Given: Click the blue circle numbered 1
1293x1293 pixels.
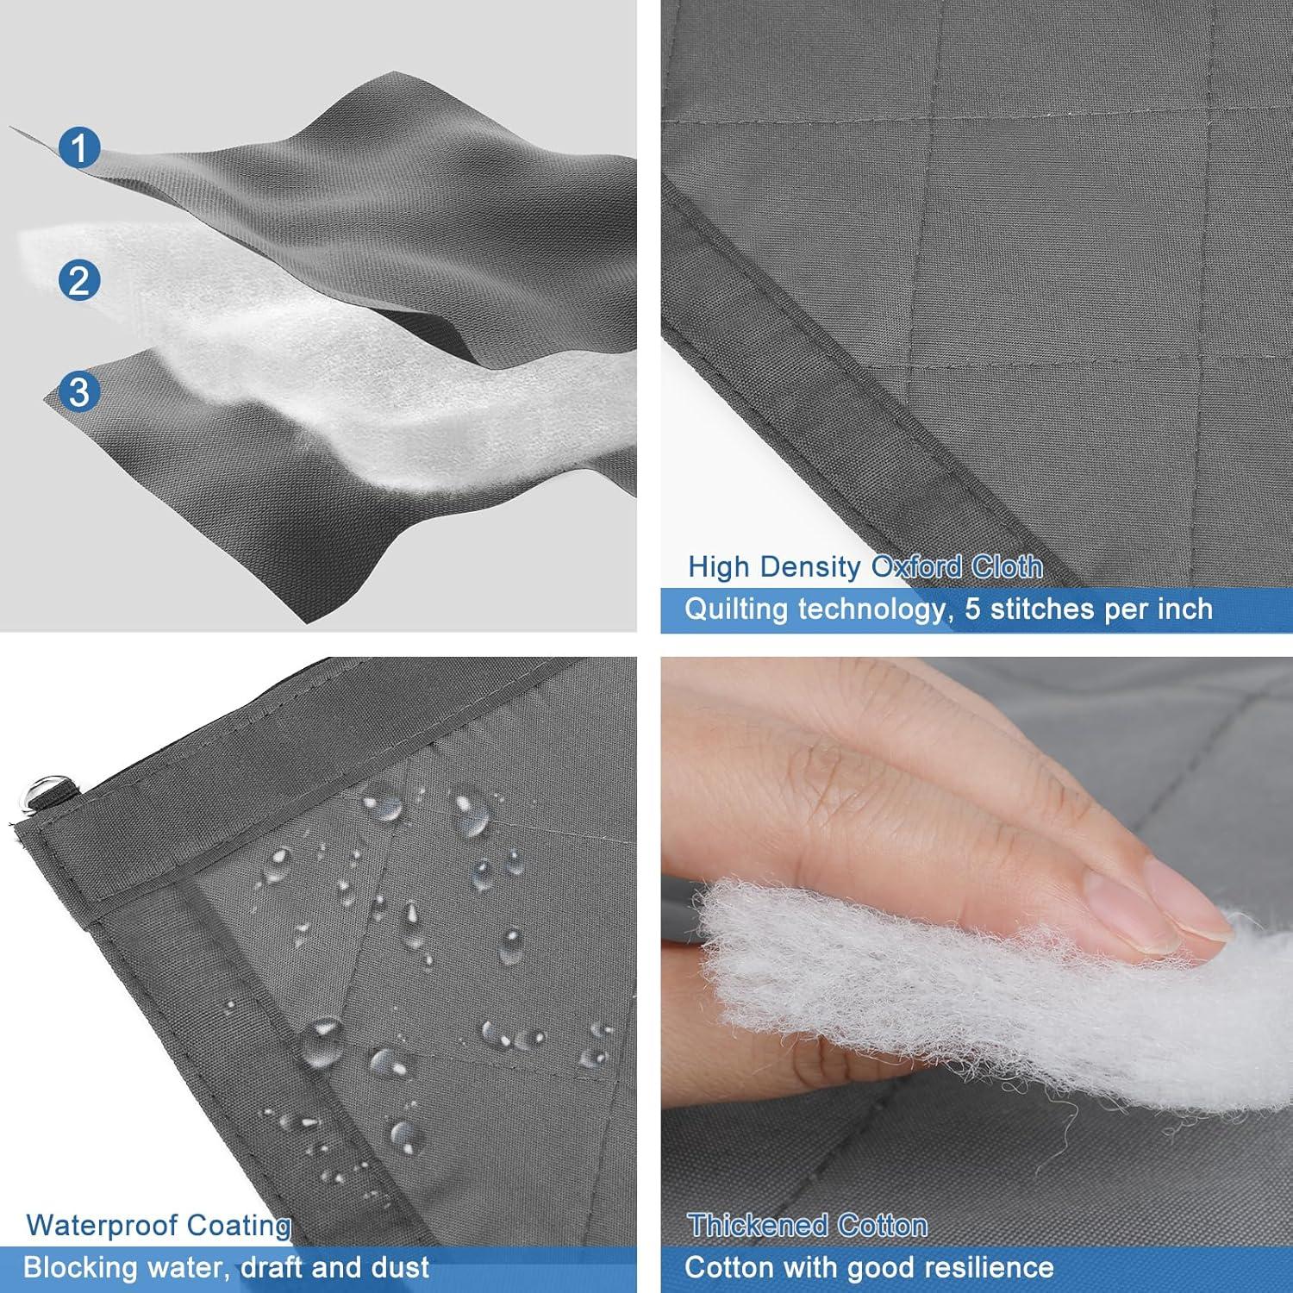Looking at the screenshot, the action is pos(79,147).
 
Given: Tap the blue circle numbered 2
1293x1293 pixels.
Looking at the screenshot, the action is pos(79,280).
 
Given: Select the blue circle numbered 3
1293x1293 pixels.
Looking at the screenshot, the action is pos(79,391).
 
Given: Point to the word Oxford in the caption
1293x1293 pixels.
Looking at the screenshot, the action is pos(916,567).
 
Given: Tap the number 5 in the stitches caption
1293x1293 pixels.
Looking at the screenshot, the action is pos(972,609).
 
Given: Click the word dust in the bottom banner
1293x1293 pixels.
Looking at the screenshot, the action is pos(401,1267).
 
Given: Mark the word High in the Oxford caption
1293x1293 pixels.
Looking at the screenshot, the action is pos(721,567).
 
